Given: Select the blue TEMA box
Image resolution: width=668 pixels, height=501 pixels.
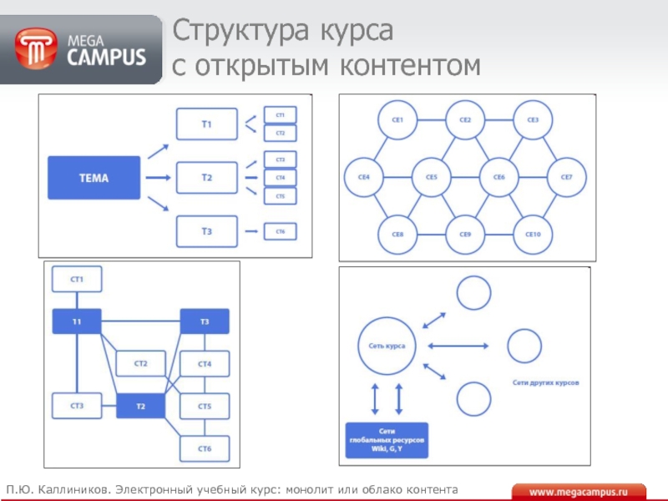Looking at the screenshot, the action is click(94, 177).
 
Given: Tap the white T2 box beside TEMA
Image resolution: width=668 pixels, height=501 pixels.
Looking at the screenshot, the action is click(206, 177).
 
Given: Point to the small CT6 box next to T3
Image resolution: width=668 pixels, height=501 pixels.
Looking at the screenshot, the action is click(281, 231).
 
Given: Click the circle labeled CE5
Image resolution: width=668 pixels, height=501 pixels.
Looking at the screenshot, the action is click(431, 177).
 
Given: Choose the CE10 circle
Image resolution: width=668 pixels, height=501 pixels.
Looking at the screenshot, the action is click(533, 234).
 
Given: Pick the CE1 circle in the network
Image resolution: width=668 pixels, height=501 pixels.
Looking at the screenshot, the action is click(397, 120).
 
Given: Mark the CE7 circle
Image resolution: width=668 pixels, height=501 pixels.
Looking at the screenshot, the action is click(567, 177).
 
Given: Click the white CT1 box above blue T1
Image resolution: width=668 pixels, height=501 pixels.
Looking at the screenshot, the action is click(77, 279).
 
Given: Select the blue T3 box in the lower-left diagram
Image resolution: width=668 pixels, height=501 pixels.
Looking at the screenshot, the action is click(205, 321).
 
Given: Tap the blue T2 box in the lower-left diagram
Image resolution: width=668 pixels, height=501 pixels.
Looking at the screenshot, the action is click(140, 407).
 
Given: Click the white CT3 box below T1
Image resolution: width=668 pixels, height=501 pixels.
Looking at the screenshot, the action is click(77, 407).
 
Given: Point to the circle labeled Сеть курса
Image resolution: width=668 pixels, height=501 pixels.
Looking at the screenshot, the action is click(387, 345).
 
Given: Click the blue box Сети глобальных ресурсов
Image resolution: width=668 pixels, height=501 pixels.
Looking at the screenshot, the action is click(387, 440).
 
